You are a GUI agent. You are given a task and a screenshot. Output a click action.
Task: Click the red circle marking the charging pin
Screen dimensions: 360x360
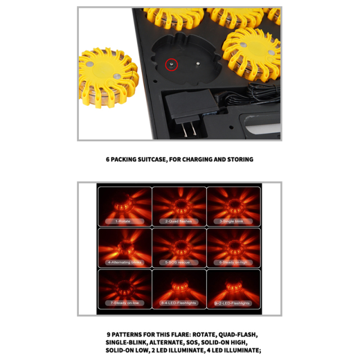pos(172,65)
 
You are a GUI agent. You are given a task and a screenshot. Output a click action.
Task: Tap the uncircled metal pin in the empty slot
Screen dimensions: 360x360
pos(199,65)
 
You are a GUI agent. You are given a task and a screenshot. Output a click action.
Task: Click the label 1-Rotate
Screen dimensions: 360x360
pos(124,221)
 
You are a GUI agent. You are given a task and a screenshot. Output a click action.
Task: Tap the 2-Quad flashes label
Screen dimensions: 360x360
pos(179,221)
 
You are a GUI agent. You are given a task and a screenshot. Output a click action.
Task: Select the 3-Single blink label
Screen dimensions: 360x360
pos(233,221)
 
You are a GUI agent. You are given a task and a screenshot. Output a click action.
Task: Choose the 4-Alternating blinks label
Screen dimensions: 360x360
pos(124,262)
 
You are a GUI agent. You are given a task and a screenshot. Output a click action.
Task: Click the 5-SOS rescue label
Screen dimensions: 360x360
pos(179,262)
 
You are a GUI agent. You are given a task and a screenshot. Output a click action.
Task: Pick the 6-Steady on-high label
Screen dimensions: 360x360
pos(233,262)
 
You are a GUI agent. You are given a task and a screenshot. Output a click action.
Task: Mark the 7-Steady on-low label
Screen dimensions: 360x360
pos(124,303)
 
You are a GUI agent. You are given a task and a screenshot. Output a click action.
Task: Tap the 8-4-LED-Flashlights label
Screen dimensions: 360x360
pos(179,303)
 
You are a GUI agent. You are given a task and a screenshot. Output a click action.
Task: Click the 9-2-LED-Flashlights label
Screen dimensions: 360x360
pos(233,303)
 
